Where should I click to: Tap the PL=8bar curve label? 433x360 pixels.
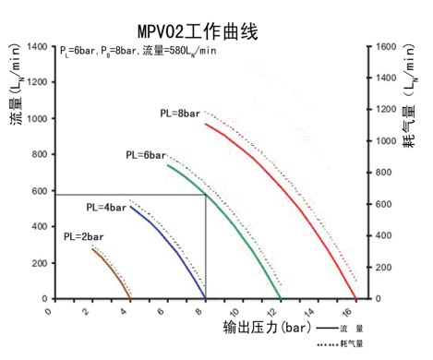coord(179,114)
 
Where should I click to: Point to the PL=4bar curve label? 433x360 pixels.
coord(106,207)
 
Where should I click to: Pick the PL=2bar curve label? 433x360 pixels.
coord(83,236)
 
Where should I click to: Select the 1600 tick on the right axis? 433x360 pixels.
coord(386,47)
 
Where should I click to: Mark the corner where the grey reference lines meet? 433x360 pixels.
coord(205,195)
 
